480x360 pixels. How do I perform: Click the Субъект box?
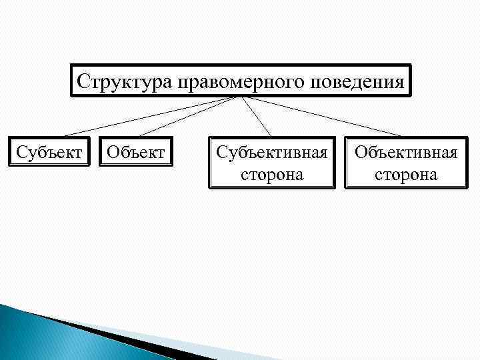[49, 153]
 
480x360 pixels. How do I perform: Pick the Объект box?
[135, 153]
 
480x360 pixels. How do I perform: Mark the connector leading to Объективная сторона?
[320, 117]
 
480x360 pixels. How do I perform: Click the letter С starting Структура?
[83, 81]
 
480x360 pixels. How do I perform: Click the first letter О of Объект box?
[111, 153]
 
